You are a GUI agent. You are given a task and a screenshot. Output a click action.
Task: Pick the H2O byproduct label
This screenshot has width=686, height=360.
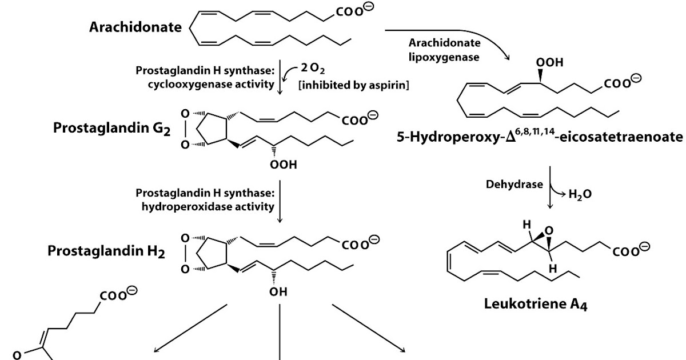pyautogui.click(x=580, y=194)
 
